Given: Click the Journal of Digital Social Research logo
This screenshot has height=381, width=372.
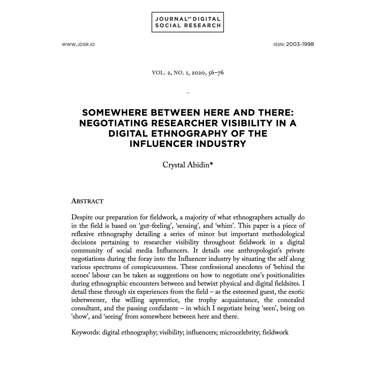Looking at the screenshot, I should pyautogui.click(x=188, y=22).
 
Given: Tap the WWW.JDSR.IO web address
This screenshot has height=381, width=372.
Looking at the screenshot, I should pyautogui.click(x=78, y=45).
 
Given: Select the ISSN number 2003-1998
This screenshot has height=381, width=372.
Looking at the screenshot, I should pyautogui.click(x=300, y=44).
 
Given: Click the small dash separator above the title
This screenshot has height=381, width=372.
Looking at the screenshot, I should pyautogui.click(x=188, y=92).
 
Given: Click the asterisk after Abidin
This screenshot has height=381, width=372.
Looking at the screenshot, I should pyautogui.click(x=211, y=164).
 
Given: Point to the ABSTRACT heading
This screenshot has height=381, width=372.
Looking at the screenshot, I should pyautogui.click(x=87, y=201).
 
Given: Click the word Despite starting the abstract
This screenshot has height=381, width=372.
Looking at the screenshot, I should pyautogui.click(x=81, y=217).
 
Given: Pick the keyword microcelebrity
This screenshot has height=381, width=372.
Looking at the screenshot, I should pyautogui.click(x=239, y=332).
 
